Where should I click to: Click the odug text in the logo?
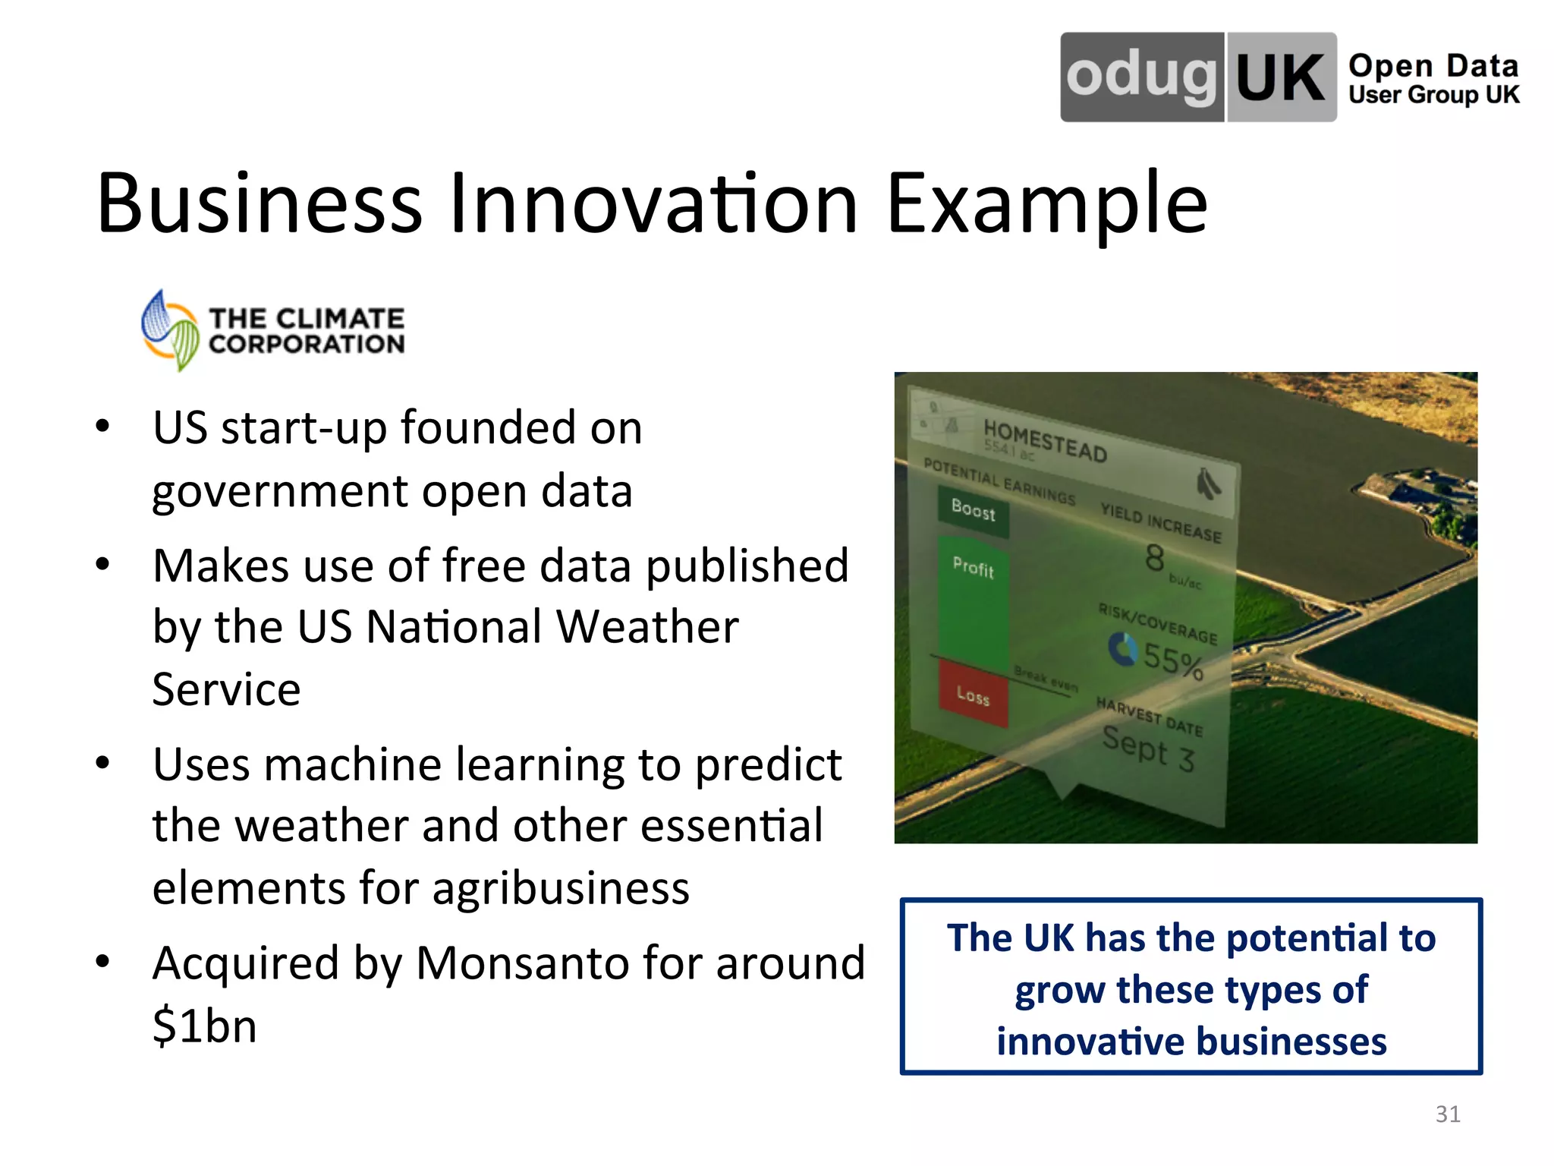1141,77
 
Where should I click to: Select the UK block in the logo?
1281,77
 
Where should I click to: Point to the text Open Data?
1433,66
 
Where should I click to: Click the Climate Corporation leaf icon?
170,331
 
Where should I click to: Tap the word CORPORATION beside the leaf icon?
307,345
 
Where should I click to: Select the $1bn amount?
204,1026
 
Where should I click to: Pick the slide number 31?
1448,1114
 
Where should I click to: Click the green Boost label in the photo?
973,511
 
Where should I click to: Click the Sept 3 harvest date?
1148,748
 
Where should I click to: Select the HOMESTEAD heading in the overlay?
1045,440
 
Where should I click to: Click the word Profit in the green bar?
973,567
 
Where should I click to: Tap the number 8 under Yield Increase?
1154,558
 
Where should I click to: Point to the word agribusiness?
561,887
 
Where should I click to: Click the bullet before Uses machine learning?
103,764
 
